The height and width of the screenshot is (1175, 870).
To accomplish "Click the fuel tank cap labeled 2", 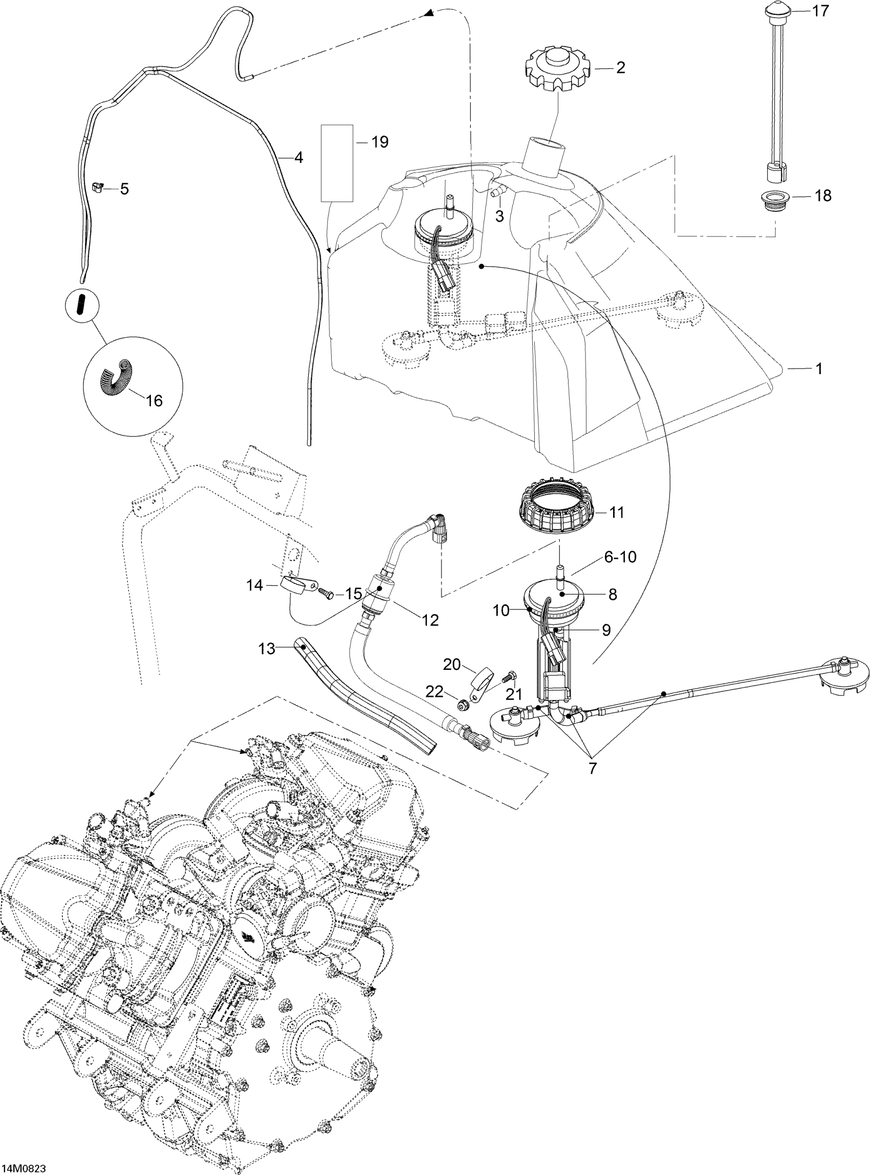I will coord(558,70).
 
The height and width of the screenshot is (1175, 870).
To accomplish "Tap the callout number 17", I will coord(820,11).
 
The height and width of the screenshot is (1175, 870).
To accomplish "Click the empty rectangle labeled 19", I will coord(337,163).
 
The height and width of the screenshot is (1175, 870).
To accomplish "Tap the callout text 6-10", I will coord(620,557).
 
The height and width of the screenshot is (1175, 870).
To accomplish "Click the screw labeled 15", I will coord(327,594).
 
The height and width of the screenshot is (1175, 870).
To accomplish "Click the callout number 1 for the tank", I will coord(818,368).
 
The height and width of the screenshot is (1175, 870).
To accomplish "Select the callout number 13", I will coord(267,649).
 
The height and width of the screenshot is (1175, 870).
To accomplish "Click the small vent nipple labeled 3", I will coord(497,194).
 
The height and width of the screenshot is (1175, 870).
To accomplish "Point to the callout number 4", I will coord(298,157).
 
